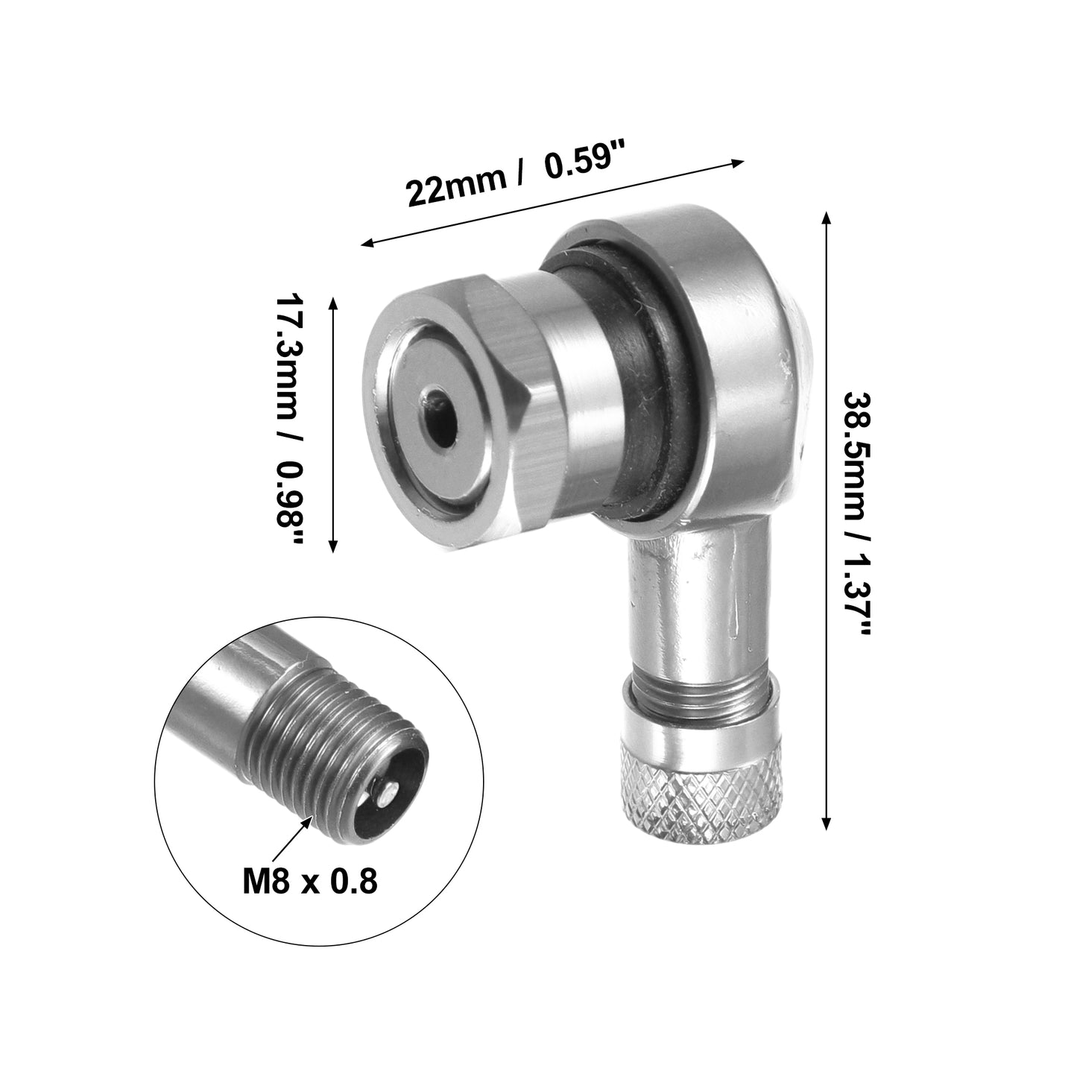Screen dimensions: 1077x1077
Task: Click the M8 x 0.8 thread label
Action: [x=310, y=882]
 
